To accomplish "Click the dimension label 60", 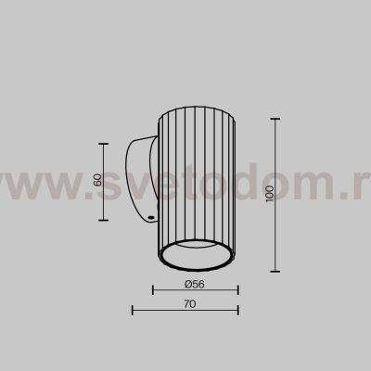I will tap(97, 180).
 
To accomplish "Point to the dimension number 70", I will tap(188, 303).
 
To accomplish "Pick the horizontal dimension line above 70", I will tap(185, 311).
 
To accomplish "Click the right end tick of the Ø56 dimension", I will tap(237, 290).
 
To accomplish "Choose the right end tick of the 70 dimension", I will tap(237, 311).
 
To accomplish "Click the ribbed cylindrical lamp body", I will tap(194, 176).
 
